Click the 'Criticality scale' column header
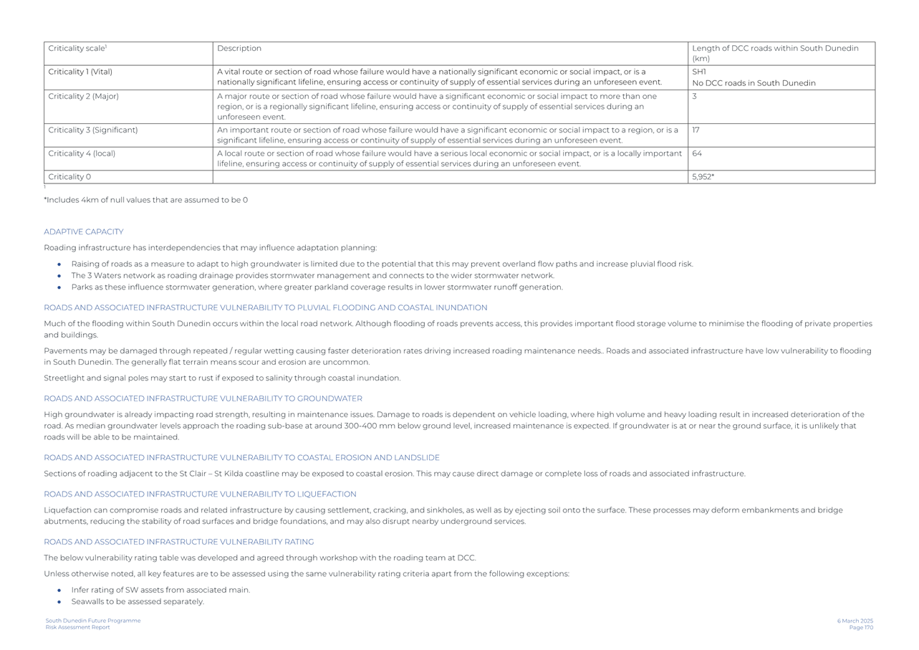(x=77, y=49)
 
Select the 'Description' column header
(x=239, y=49)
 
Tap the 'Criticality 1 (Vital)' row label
(x=80, y=72)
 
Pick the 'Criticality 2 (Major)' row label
(x=83, y=96)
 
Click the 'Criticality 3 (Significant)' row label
(x=92, y=130)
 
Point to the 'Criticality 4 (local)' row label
(x=82, y=153)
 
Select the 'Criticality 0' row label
(x=69, y=177)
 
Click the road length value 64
(x=697, y=153)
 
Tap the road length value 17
(x=696, y=130)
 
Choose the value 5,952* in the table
(x=703, y=177)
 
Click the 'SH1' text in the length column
(x=699, y=72)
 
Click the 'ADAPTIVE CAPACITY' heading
(x=84, y=232)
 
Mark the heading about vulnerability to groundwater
(x=203, y=398)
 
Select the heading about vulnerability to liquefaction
(x=200, y=494)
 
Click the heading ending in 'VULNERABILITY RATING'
(x=178, y=542)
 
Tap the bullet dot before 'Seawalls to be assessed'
(x=59, y=602)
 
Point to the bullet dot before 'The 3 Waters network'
(x=59, y=276)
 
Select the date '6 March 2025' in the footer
(x=855, y=621)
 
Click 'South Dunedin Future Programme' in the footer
(x=93, y=621)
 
